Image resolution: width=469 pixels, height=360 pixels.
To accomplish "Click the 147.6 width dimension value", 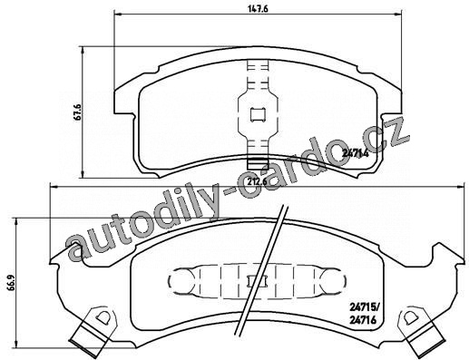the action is point(258,8).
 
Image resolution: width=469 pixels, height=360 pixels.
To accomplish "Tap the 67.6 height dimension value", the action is point(78,112).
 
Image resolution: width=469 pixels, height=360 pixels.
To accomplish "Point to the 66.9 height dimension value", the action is point(10,282).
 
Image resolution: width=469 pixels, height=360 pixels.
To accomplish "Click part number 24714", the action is point(356,153).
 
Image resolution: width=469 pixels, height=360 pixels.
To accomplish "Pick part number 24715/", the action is point(364,308).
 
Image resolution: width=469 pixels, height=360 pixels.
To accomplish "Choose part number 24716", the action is point(363,320).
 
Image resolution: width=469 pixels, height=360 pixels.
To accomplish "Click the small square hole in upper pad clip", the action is point(259,115).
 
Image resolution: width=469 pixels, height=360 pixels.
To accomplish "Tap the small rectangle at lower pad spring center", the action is point(257,282).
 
